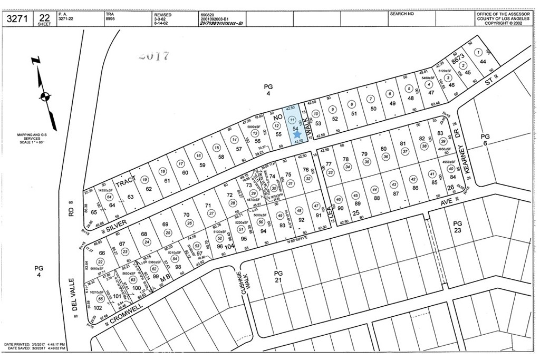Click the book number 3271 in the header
pyautogui.click(x=17, y=20)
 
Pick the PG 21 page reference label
pyautogui.click(x=278, y=276)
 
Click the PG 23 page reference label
pyautogui.click(x=457, y=227)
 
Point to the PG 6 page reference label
pyautogui.click(x=485, y=140)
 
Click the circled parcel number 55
pyautogui.click(x=100, y=298)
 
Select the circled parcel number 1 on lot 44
pyautogui.click(x=478, y=52)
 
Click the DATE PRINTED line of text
pyautogui.click(x=35, y=344)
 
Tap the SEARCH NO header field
pyautogui.click(x=402, y=14)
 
